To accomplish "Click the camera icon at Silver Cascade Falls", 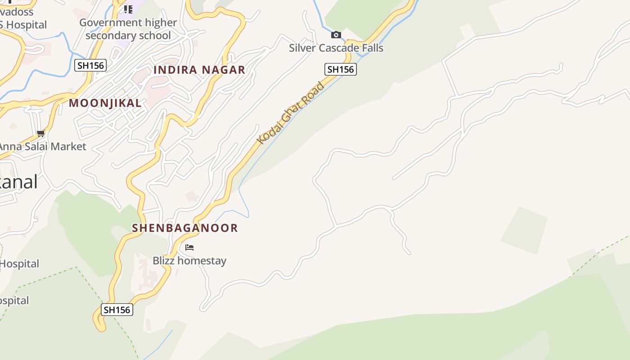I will (x=336, y=35).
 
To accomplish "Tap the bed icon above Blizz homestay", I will (x=189, y=247).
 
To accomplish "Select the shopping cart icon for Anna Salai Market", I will (x=41, y=133).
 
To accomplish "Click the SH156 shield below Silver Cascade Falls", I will (x=340, y=69).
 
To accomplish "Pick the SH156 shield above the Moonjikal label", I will (x=90, y=65).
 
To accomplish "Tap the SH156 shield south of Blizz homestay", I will (x=117, y=310).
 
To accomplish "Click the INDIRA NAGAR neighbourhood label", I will (x=199, y=70).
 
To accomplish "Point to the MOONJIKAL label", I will (x=105, y=103).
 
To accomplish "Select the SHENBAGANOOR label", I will (x=185, y=228).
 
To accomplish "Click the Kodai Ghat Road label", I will (x=291, y=113).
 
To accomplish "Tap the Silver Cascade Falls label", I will (x=336, y=48).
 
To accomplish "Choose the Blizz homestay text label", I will (x=189, y=261).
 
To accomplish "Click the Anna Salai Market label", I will (x=42, y=146).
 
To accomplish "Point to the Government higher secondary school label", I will (x=128, y=29).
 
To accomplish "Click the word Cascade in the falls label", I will (x=339, y=48).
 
